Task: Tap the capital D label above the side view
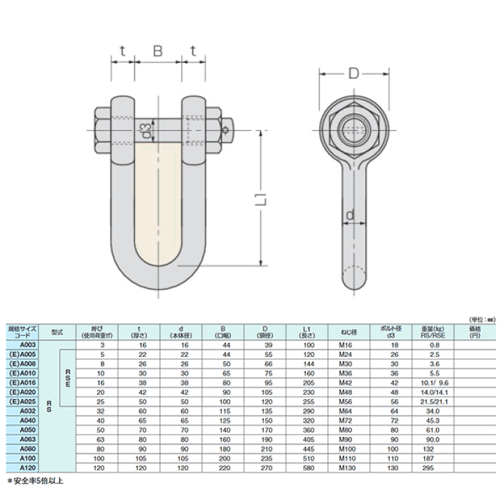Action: pyautogui.click(x=353, y=71)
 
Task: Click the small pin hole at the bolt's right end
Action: pyautogui.click(x=225, y=129)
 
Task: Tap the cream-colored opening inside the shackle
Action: pyautogui.click(x=158, y=199)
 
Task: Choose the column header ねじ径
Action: pyautogui.click(x=347, y=332)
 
